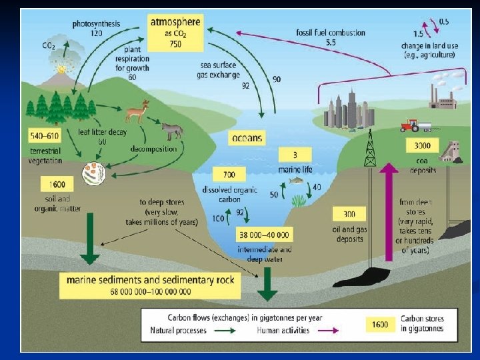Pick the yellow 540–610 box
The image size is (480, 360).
(45, 137)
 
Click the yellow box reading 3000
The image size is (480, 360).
(422, 145)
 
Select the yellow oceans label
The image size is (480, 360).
(247, 138)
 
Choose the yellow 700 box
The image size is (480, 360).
(229, 175)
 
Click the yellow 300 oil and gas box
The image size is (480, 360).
(349, 215)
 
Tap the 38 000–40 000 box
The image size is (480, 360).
(264, 235)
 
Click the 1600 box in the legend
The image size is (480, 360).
(379, 325)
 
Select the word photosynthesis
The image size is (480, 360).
(97, 23)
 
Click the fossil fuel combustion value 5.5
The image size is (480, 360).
(331, 43)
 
